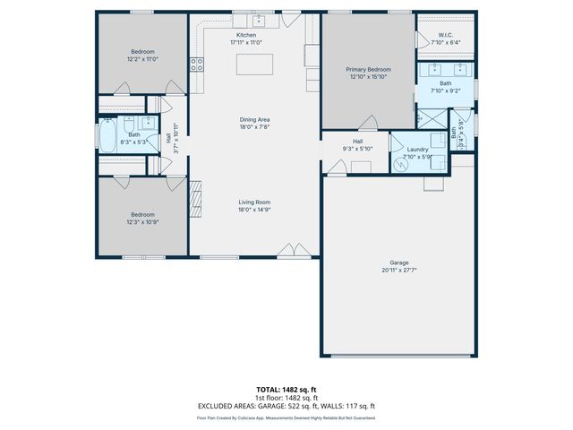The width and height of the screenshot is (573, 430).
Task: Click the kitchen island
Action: [x=253, y=64]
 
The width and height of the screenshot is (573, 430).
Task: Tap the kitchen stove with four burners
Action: [x=196, y=64]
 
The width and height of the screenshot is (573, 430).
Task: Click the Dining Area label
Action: [x=254, y=119]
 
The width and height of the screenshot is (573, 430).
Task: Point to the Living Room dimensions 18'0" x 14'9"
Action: [x=254, y=209]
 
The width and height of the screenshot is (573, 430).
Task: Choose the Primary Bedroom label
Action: [x=367, y=69]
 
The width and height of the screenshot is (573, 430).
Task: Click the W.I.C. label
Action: [x=445, y=36]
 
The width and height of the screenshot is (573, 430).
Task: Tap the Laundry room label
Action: [x=416, y=149]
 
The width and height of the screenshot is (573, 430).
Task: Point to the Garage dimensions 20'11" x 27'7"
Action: [x=398, y=269]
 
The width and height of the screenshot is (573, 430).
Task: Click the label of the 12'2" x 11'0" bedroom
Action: [x=142, y=52]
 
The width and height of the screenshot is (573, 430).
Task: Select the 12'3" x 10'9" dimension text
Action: [x=142, y=221]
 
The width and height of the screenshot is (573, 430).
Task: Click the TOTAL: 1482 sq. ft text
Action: [x=286, y=389]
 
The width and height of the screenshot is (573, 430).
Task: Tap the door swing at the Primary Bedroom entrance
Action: [x=367, y=124]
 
